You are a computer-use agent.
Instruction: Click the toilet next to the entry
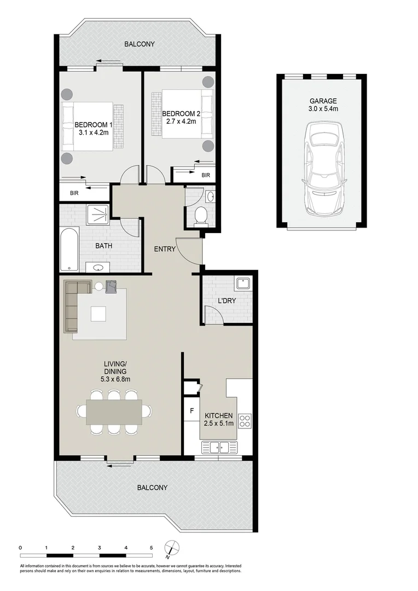(201, 215)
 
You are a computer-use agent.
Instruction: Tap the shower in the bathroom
(98, 216)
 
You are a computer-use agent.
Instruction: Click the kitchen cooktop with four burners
(245, 421)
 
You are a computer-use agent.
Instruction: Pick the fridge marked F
(191, 409)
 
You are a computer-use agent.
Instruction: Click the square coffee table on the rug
(99, 314)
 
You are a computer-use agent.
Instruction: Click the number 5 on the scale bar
(152, 547)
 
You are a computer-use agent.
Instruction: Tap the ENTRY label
(165, 249)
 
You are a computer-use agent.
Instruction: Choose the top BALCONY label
(139, 44)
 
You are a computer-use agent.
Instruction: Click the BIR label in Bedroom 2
(205, 175)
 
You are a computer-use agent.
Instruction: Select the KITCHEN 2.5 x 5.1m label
(219, 420)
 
